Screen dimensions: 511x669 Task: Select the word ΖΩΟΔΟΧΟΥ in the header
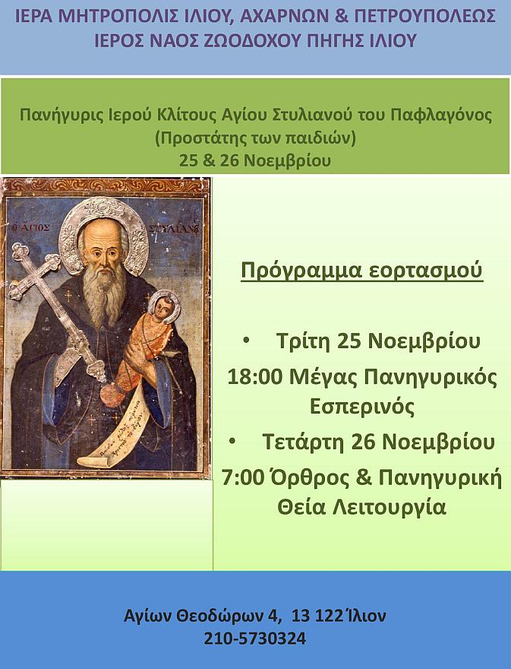pyautogui.click(x=243, y=41)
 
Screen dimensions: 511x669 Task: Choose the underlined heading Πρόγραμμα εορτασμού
pyautogui.click(x=362, y=271)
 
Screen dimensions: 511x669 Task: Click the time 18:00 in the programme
pyautogui.click(x=255, y=378)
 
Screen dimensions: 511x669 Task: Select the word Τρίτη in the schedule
pyautogui.click(x=304, y=341)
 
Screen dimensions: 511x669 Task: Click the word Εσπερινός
pyautogui.click(x=362, y=407)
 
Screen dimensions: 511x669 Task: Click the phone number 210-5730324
pyautogui.click(x=255, y=639)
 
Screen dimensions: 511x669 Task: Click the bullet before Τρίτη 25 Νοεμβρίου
pyautogui.click(x=246, y=341)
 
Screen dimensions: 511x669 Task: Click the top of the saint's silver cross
pyautogui.click(x=19, y=251)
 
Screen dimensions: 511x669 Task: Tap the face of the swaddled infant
pyautogui.click(x=161, y=309)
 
